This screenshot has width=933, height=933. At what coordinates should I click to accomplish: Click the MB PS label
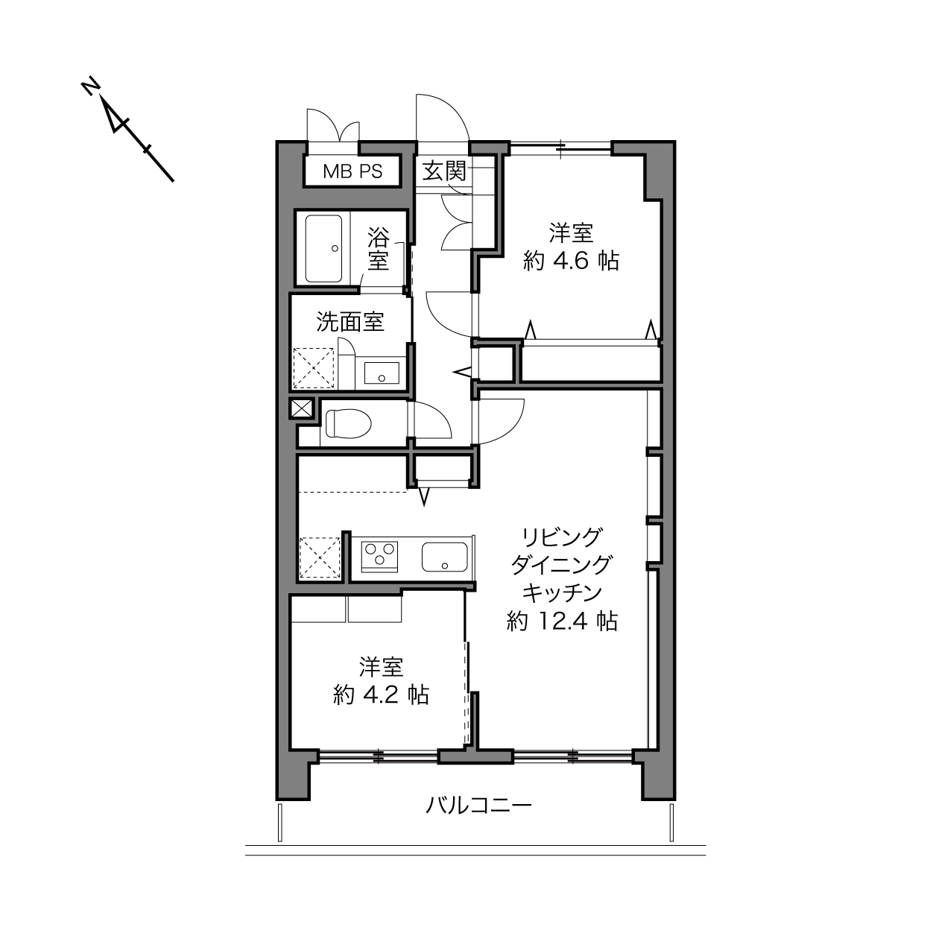coord(352,171)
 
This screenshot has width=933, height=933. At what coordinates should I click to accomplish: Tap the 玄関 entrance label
coord(444,171)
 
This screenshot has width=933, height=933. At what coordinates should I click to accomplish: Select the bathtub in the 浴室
coord(323,248)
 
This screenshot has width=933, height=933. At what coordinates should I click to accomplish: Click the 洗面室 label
coord(350,322)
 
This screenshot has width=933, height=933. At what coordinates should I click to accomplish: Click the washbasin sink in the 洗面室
coord(382,373)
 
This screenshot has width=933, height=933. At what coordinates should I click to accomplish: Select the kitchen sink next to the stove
coord(444,557)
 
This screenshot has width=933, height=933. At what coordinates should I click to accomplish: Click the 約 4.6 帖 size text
coord(571,262)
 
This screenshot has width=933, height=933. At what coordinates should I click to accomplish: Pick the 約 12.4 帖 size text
coord(562,622)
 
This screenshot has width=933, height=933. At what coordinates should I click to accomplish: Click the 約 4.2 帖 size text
coord(381,695)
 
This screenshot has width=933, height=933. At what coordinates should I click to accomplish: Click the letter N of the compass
coord(90,87)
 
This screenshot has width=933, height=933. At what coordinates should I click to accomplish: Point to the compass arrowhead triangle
coord(116,118)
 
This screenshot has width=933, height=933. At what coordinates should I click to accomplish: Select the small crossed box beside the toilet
coord(301,409)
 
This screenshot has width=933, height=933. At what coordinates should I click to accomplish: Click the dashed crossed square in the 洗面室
coord(314,368)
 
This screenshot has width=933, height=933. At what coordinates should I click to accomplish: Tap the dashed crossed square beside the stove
coord(320,557)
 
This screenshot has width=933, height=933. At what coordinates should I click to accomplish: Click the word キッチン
coord(562,592)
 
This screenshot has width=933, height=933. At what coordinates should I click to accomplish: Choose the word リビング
coord(562,537)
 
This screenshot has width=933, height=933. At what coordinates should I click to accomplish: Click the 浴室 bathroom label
coord(378,249)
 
